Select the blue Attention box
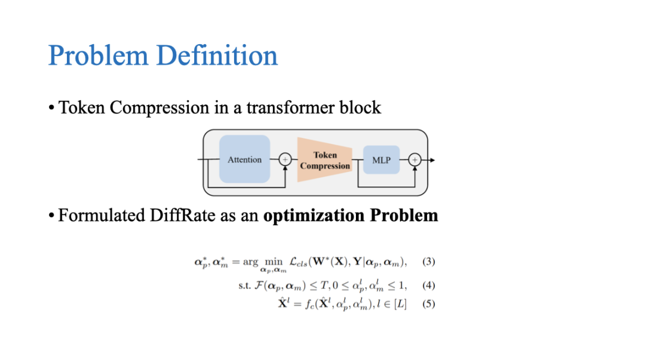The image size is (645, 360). click(x=244, y=159)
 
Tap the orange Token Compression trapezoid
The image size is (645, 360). click(x=324, y=160)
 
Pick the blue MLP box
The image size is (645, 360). click(x=381, y=160)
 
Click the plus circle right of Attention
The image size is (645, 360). click(x=285, y=159)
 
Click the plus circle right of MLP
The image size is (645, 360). click(x=415, y=160)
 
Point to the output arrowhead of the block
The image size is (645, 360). click(x=432, y=160)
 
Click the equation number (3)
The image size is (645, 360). click(x=429, y=261)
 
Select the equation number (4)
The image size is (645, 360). click(x=429, y=285)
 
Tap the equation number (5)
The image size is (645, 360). click(x=429, y=304)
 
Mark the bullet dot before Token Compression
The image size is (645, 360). click(x=52, y=109)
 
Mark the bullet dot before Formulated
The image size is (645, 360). click(x=52, y=216)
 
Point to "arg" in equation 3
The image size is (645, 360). click(x=250, y=262)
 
